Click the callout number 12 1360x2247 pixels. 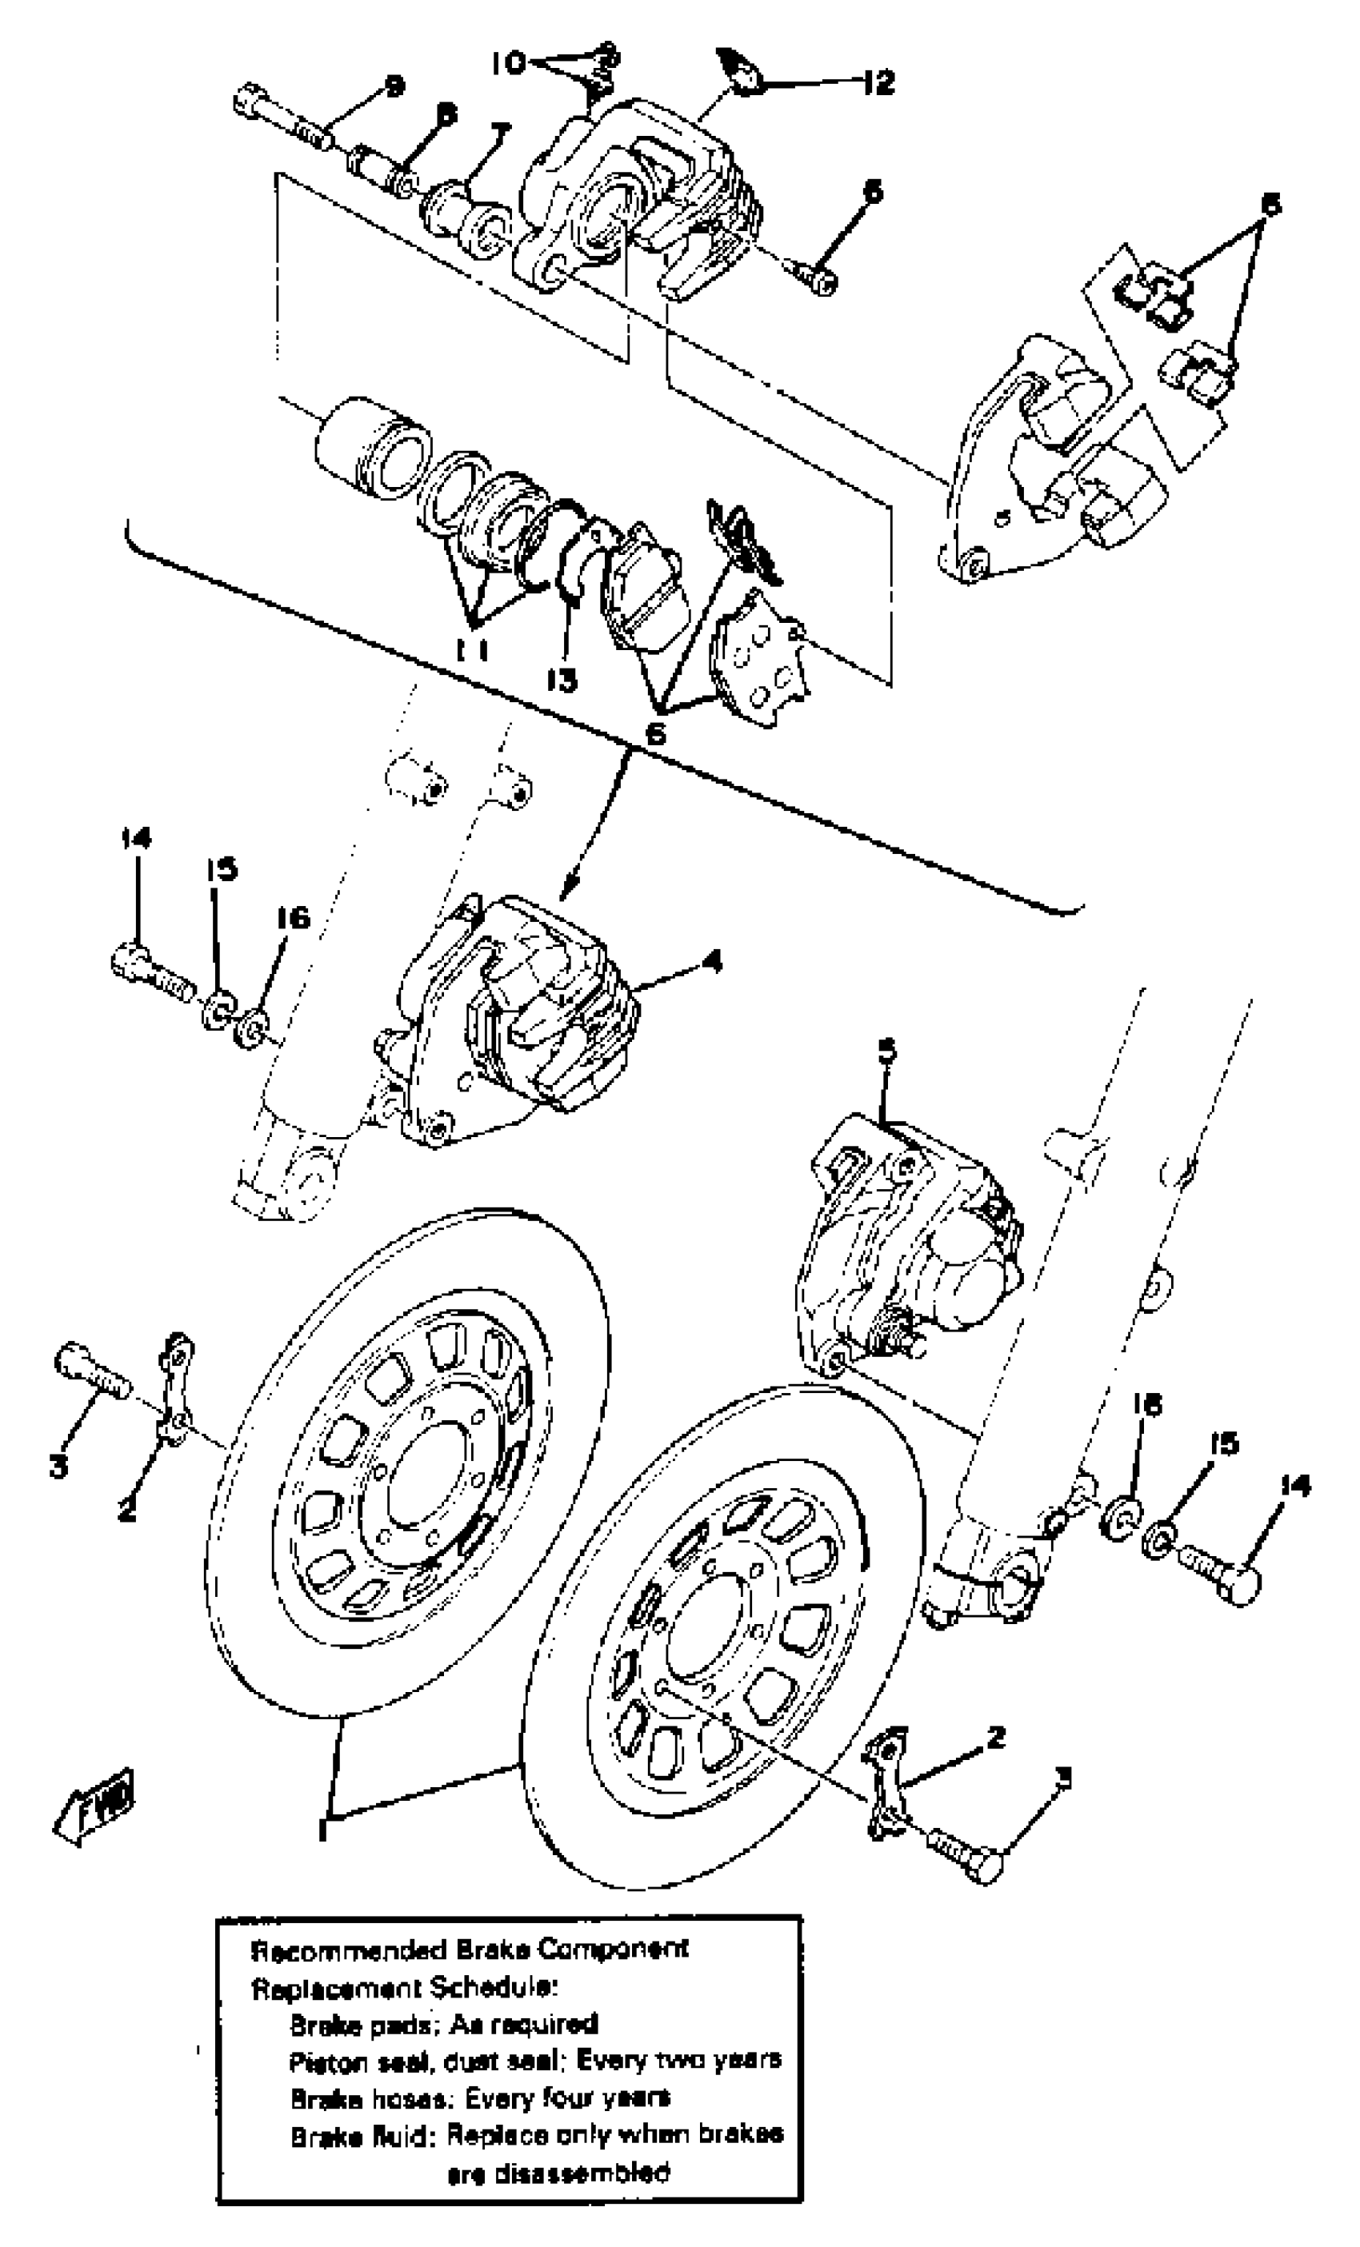(879, 83)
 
